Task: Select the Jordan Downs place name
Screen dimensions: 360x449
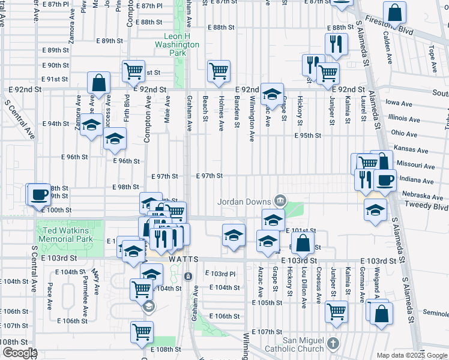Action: [x=245, y=202]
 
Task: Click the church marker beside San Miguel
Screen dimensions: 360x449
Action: [x=334, y=344]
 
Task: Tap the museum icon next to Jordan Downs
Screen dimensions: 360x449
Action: [x=280, y=200]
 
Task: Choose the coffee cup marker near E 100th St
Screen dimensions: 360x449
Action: [x=40, y=194]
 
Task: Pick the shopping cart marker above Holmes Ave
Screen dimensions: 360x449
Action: [x=219, y=70]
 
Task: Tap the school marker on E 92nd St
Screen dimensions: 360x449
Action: [x=272, y=93]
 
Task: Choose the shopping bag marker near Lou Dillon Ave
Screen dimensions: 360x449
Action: [x=303, y=243]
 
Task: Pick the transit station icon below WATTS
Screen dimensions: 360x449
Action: [x=188, y=277]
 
